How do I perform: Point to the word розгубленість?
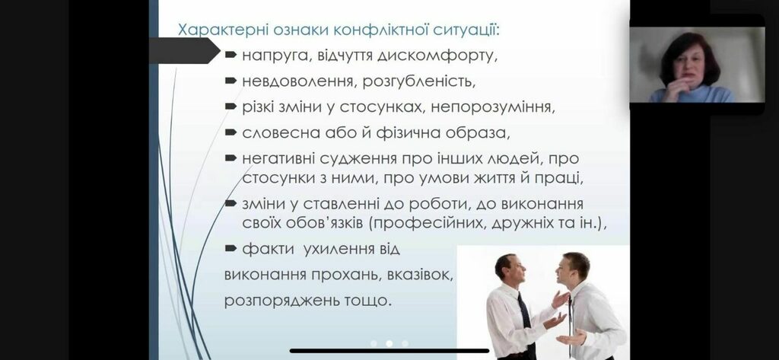pos(419,81)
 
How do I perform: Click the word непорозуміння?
pos(493,107)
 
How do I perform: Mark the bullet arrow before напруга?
pos(231,56)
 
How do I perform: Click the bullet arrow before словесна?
pos(231,132)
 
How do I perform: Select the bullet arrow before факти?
pos(231,249)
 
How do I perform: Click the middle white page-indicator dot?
pos(389,343)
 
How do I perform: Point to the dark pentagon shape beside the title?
pos(184,51)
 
